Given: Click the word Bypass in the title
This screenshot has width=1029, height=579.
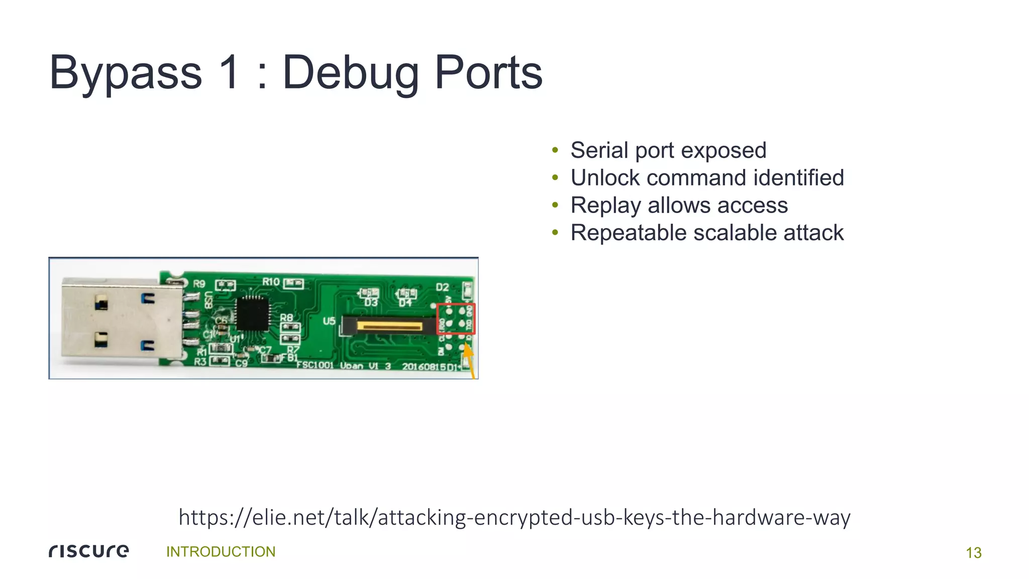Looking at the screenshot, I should (126, 73).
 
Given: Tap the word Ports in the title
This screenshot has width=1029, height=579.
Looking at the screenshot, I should (488, 73).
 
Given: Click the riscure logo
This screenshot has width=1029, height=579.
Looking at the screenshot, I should (89, 551).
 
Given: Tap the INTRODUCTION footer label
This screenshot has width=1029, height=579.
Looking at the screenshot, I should (221, 552).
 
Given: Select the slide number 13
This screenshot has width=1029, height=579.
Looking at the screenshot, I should (973, 553).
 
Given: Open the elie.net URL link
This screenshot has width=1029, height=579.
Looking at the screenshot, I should (514, 517).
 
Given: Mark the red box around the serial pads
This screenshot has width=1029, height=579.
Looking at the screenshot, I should (456, 319).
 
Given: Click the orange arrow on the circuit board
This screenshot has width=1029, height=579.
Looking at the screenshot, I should (468, 358).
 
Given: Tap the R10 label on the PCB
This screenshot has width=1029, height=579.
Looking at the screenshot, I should (271, 282).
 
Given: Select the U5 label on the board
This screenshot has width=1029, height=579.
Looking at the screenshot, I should (329, 321).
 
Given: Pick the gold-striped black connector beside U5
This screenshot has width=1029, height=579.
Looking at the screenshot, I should (389, 326).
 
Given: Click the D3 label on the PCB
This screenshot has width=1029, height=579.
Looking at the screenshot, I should (371, 303).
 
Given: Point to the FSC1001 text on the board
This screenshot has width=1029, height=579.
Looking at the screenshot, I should (315, 365).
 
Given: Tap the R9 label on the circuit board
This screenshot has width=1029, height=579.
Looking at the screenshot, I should (199, 284).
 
